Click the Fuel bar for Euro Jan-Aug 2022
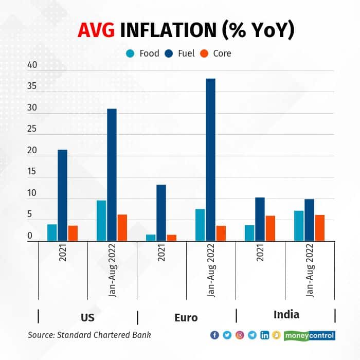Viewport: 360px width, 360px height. click(x=210, y=159)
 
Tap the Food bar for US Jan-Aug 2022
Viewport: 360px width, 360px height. click(x=101, y=221)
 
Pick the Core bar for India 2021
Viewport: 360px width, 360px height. click(x=270, y=228)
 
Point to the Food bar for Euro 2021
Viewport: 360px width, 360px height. click(x=151, y=238)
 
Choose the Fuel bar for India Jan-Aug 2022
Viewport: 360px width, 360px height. click(x=309, y=220)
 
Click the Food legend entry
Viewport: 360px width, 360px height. click(x=142, y=53)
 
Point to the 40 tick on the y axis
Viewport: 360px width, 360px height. click(x=32, y=65)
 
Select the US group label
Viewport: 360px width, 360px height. click(x=87, y=317)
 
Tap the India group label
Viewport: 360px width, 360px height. click(x=286, y=314)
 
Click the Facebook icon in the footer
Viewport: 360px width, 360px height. click(x=215, y=335)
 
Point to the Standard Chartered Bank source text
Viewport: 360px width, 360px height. click(x=89, y=335)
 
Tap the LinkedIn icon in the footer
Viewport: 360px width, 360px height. click(x=264, y=335)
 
